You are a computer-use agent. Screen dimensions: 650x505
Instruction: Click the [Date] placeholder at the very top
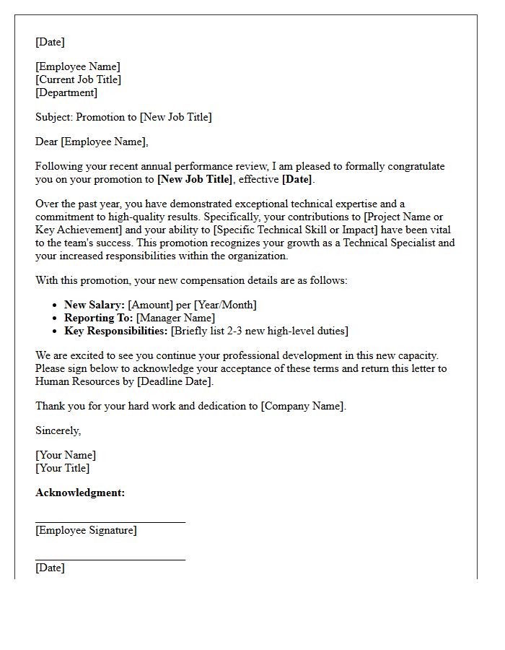point(50,42)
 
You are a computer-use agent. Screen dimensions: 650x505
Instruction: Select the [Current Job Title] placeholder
point(78,79)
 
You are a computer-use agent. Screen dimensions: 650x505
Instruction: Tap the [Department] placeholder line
point(66,92)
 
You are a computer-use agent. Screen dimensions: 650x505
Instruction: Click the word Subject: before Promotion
point(54,117)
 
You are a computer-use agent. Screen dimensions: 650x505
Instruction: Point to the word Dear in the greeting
point(47,142)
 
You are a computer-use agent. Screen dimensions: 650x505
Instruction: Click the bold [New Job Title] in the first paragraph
point(195,179)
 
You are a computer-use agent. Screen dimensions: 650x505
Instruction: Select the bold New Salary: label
point(95,305)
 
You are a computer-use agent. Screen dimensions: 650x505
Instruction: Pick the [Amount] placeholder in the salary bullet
point(150,305)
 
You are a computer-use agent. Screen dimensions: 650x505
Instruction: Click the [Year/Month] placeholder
point(225,305)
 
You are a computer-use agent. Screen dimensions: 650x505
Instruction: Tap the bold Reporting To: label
point(99,318)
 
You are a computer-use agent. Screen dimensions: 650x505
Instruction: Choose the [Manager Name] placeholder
point(175,318)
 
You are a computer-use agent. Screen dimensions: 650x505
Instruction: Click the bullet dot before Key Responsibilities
point(56,331)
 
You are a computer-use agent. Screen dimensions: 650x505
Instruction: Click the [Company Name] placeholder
point(302,406)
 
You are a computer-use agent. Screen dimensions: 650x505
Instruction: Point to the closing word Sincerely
point(58,430)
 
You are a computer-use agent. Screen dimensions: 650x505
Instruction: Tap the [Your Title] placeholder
point(62,468)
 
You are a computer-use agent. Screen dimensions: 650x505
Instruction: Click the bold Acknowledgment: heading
point(80,493)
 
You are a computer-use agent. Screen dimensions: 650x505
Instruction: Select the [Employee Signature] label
point(86,530)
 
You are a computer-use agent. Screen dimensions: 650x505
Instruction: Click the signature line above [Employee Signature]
point(110,521)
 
